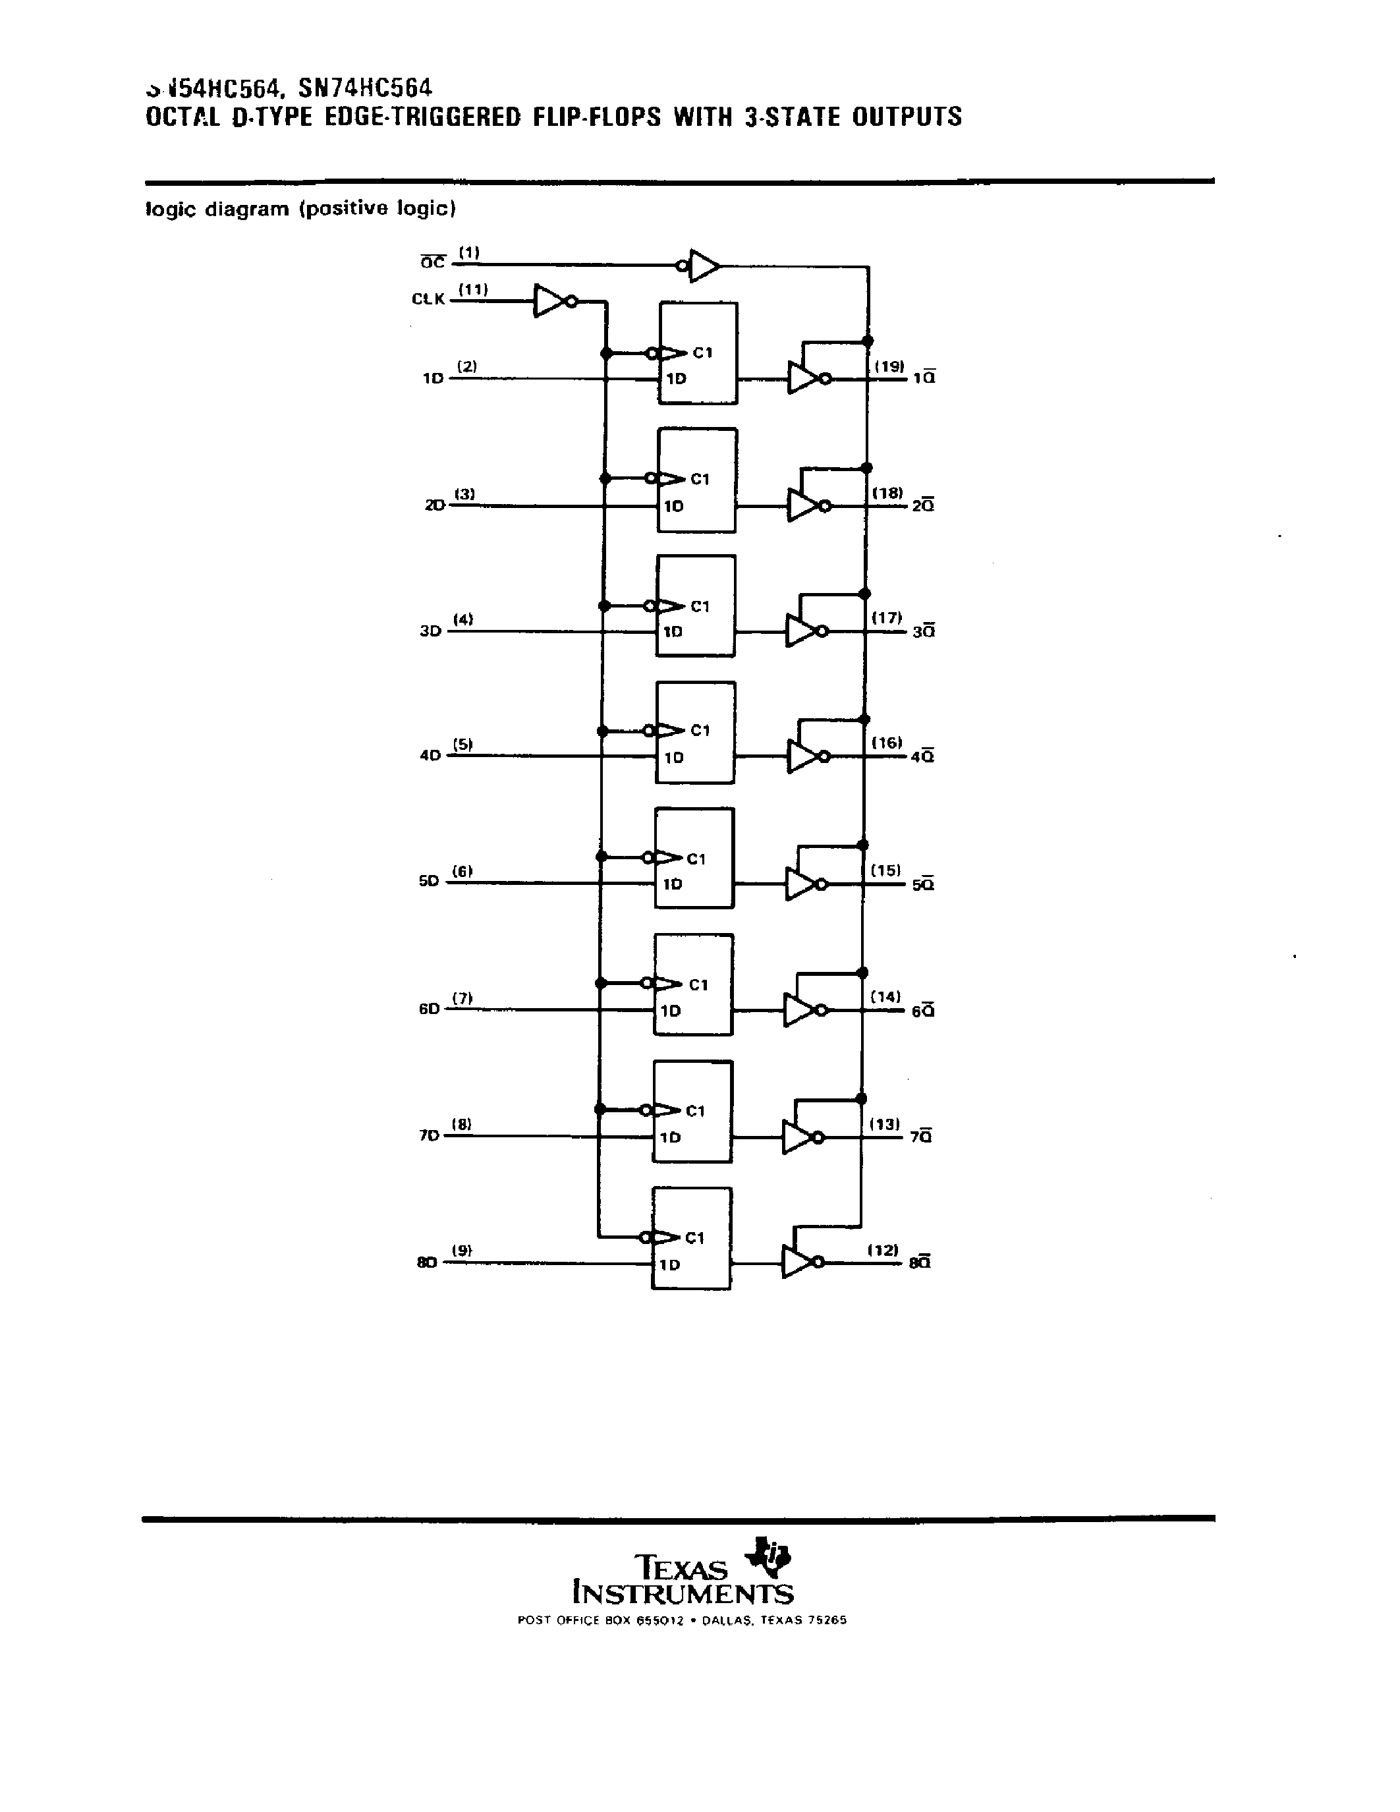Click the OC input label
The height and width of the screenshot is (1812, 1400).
point(432,263)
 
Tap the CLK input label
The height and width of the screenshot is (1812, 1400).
point(428,298)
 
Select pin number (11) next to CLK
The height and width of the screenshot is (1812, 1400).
point(474,289)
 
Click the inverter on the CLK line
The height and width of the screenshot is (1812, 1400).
point(553,301)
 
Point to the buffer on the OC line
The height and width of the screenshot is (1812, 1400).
point(702,266)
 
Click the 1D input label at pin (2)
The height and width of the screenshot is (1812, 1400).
point(433,378)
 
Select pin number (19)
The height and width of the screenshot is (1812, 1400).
point(889,366)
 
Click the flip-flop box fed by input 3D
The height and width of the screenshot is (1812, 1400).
point(696,606)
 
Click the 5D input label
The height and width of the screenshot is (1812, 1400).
point(429,881)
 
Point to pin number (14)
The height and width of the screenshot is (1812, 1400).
point(885,996)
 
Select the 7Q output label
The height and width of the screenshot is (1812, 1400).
point(920,1137)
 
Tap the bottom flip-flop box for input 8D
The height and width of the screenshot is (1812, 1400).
point(692,1238)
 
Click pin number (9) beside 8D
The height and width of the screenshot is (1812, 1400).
point(462,1251)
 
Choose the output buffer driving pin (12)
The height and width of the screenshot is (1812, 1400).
point(800,1262)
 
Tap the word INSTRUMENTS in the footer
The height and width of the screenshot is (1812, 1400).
point(683,1594)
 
